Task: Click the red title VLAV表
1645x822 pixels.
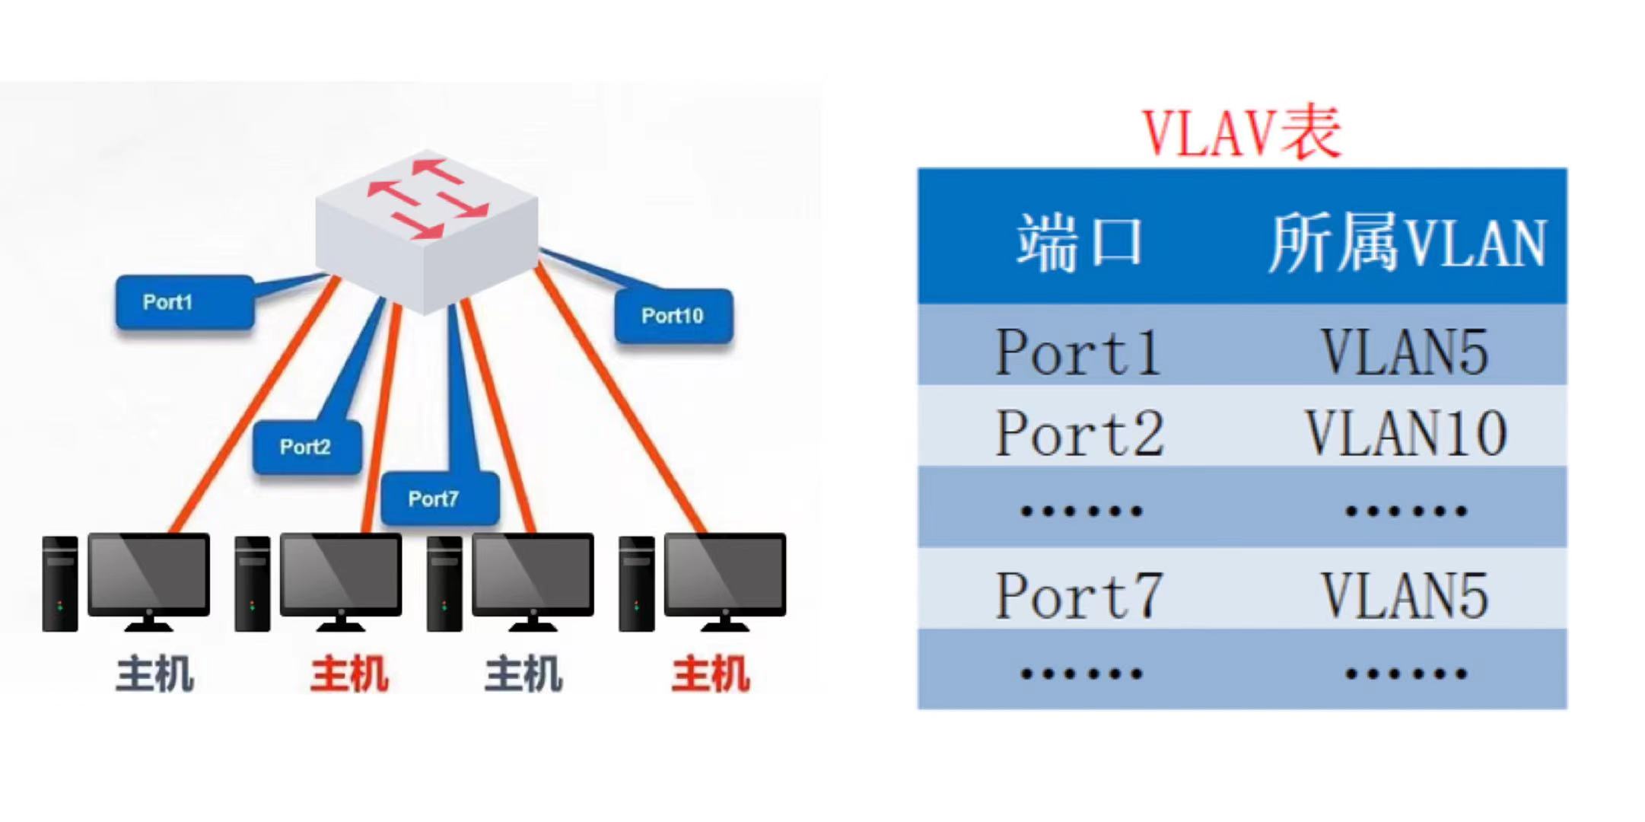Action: (1242, 134)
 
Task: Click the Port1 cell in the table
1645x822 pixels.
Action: (1078, 352)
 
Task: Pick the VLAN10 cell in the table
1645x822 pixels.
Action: (1406, 433)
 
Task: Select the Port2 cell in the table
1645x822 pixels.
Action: (1080, 433)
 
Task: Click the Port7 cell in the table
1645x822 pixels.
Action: (1080, 595)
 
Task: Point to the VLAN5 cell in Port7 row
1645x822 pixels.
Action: (1405, 595)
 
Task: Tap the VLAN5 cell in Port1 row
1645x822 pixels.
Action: (1405, 352)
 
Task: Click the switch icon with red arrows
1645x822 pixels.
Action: (427, 228)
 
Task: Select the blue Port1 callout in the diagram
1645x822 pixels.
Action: (184, 302)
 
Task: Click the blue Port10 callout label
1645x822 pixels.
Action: (673, 315)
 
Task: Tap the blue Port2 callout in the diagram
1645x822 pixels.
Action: (307, 447)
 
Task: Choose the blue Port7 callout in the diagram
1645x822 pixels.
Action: (440, 499)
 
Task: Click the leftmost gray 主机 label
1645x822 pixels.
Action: (154, 674)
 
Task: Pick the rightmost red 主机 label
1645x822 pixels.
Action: (710, 674)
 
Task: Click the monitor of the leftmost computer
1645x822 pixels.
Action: (149, 575)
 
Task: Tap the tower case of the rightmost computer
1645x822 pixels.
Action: (636, 584)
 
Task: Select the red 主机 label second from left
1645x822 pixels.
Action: (349, 674)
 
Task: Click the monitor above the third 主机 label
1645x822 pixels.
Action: (533, 575)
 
